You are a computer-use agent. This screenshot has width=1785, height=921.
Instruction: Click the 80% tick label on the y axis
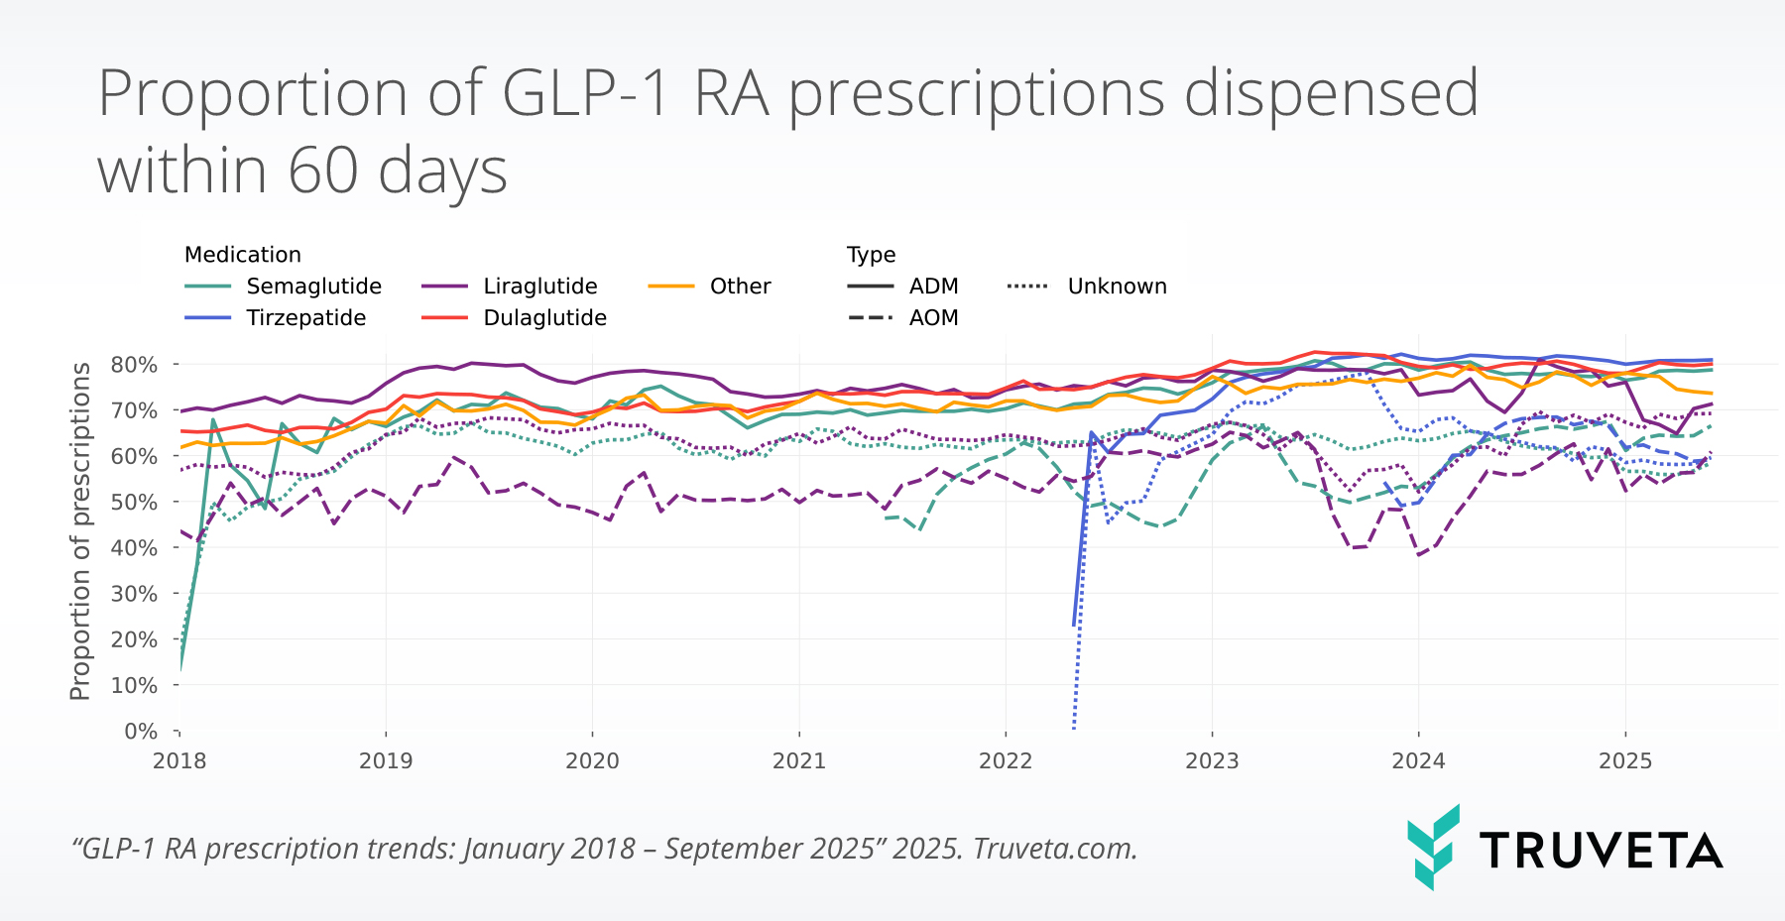(x=134, y=365)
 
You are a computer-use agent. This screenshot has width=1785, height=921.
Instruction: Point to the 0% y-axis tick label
(x=140, y=732)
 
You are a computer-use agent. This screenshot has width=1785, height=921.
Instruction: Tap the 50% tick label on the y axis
(x=134, y=503)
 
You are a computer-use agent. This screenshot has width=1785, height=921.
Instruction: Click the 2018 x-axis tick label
(x=179, y=761)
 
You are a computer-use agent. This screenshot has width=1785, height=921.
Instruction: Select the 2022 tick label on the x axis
(x=1006, y=761)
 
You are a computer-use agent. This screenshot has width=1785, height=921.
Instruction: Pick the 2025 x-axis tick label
(x=1625, y=761)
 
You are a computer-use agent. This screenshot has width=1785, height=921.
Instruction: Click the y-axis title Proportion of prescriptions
(x=80, y=531)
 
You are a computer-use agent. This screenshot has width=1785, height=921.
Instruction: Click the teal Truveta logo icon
(x=1433, y=847)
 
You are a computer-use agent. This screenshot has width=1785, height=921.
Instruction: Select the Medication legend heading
(x=243, y=255)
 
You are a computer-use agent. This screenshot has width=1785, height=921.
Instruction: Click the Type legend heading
(x=871, y=255)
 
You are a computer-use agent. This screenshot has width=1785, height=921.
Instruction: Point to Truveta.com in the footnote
(x=1054, y=850)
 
